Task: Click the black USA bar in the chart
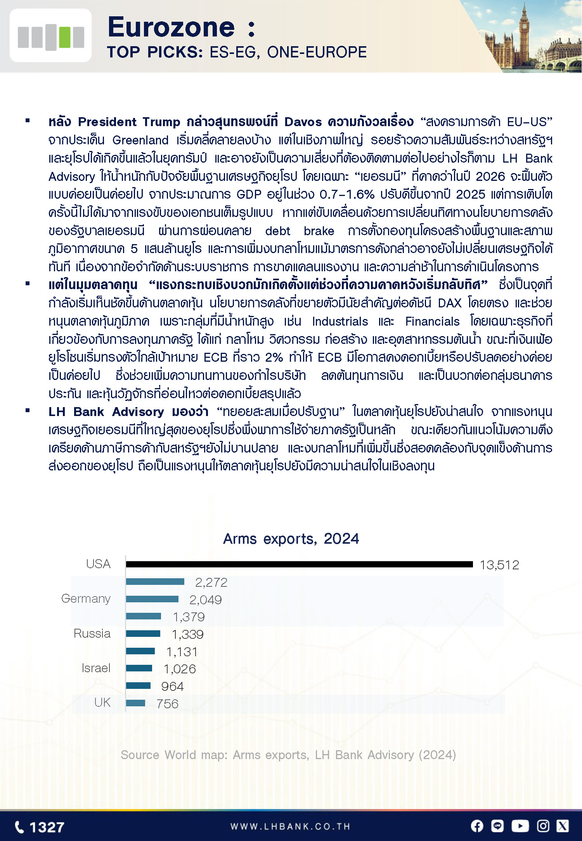point(299,564)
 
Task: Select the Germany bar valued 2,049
point(152,599)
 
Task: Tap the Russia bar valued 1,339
point(143,633)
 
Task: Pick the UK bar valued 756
point(135,703)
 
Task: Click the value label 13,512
point(499,565)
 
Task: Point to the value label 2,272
point(211,582)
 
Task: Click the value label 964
point(172,686)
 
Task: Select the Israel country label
point(96,668)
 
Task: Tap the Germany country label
point(86,598)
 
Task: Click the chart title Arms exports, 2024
point(291,539)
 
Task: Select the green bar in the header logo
point(64,37)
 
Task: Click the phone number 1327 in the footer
point(47,827)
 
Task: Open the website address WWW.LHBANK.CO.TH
point(290,827)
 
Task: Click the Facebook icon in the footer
point(477,826)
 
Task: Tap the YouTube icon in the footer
point(520,826)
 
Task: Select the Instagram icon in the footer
point(543,826)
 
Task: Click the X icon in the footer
point(563,826)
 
